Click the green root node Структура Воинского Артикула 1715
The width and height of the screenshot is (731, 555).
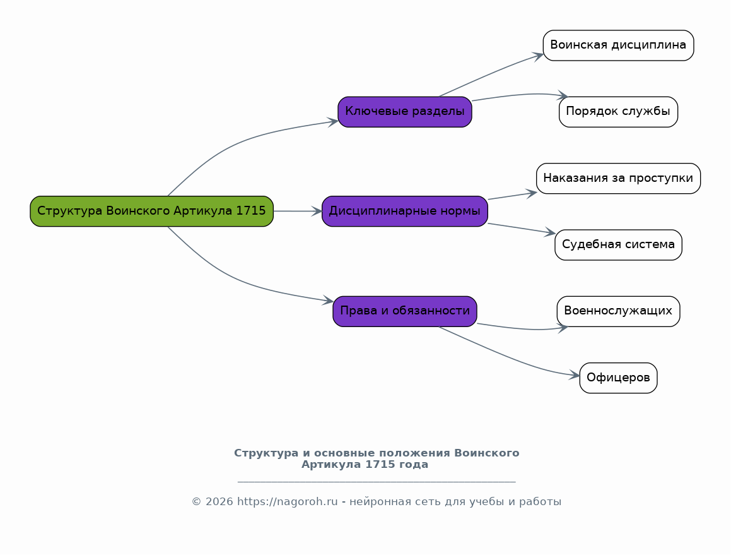click(x=151, y=211)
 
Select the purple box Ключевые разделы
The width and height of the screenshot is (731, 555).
click(x=405, y=112)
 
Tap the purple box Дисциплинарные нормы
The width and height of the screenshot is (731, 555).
click(x=405, y=211)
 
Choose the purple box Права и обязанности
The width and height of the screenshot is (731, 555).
click(x=405, y=311)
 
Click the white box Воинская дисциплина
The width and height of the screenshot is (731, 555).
click(x=618, y=45)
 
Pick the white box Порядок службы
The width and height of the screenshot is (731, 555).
click(x=618, y=112)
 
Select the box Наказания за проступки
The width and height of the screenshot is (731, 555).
click(x=618, y=178)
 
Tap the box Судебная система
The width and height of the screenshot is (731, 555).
click(x=618, y=244)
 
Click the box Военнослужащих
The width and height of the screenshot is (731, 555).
click(x=618, y=311)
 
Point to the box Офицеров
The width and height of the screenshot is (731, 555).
click(x=618, y=378)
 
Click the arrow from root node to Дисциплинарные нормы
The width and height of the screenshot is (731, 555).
click(x=298, y=211)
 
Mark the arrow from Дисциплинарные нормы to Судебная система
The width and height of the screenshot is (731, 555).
click(x=521, y=229)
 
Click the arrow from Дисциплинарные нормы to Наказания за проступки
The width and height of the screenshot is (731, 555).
click(x=512, y=196)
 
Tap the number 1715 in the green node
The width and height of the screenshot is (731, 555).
click(x=251, y=210)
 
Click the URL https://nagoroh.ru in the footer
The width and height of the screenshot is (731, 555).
click(x=287, y=502)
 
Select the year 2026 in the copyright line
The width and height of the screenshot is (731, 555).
click(x=219, y=502)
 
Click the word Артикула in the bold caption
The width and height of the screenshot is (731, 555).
click(x=331, y=465)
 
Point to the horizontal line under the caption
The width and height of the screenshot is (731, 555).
click(x=377, y=480)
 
